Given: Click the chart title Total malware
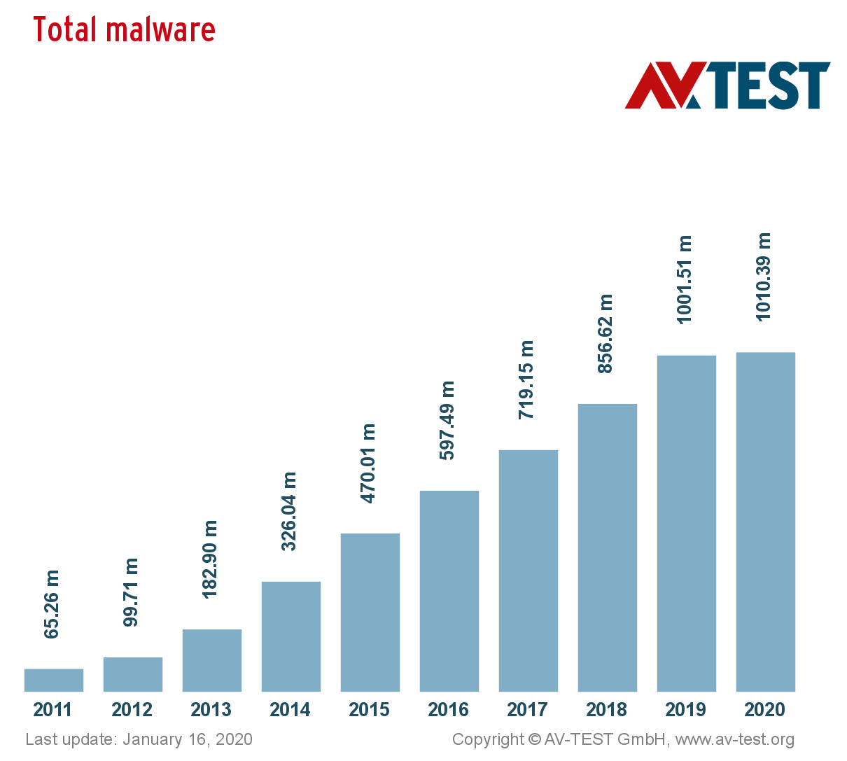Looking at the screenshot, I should [124, 30].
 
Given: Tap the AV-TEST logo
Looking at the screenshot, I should [727, 85].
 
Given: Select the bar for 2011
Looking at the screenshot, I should [54, 680].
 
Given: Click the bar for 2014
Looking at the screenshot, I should [291, 636].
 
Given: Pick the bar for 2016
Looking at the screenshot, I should [449, 591].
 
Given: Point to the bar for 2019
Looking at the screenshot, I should [687, 523].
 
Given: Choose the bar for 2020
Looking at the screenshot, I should [766, 522].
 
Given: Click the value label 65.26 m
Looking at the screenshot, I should [52, 603].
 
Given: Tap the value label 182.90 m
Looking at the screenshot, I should [210, 559].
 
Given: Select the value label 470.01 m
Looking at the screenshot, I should [368, 463].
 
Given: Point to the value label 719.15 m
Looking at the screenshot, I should [526, 379].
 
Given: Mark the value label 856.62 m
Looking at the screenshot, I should [605, 333].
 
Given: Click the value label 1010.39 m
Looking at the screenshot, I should [764, 277].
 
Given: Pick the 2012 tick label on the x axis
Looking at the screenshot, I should [132, 710].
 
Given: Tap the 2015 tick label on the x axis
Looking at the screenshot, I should [370, 710].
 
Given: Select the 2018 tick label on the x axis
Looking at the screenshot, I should [607, 710].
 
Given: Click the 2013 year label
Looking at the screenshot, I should [211, 710].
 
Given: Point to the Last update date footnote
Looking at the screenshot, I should [139, 739].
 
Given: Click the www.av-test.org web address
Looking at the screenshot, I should [734, 739].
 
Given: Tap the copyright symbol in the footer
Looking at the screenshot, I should [535, 739].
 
